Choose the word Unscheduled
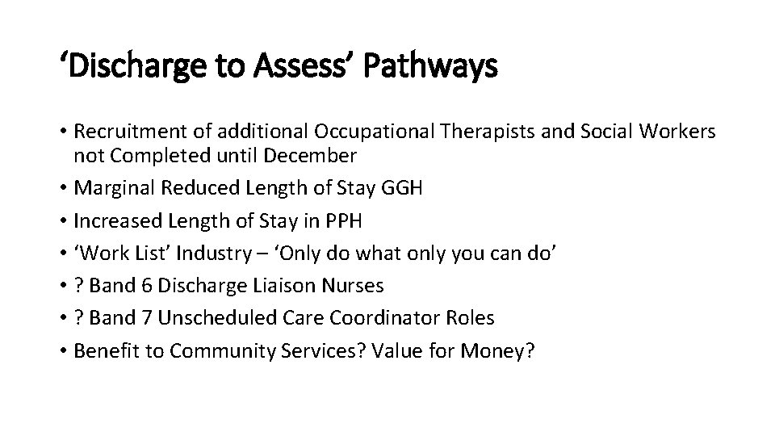pyautogui.click(x=213, y=318)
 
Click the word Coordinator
pyautogui.click(x=375, y=318)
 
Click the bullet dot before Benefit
pyautogui.click(x=63, y=351)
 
